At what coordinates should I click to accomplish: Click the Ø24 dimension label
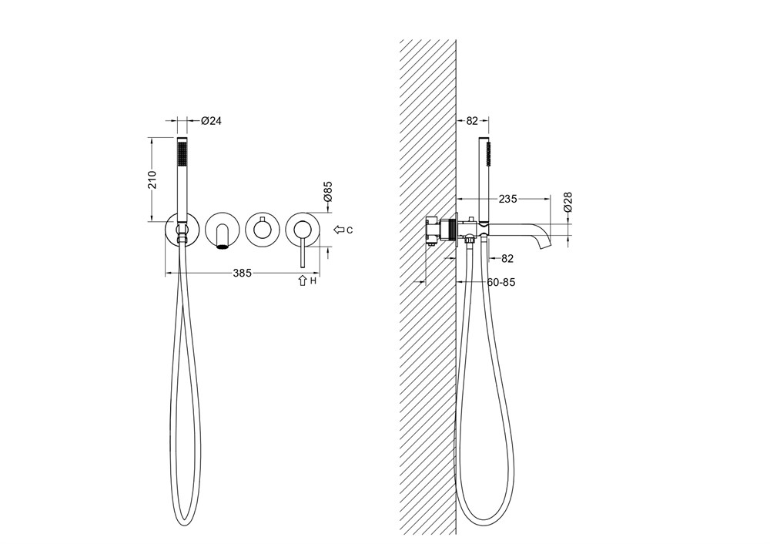[x=211, y=120]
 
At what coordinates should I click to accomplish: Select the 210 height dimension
[x=152, y=180]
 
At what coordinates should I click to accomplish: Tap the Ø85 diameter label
[x=328, y=191]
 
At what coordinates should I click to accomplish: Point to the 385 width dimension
[x=242, y=273]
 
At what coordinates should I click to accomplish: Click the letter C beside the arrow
[x=349, y=230]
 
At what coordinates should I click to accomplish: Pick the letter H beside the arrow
[x=313, y=281]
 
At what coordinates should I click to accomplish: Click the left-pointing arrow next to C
[x=339, y=230]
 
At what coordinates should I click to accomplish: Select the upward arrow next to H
[x=303, y=280]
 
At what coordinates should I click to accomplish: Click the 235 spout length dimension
[x=507, y=199]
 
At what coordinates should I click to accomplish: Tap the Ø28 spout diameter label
[x=567, y=202]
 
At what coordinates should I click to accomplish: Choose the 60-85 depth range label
[x=501, y=283]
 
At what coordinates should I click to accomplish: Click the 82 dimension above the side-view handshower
[x=472, y=120]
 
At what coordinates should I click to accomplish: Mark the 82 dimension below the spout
[x=507, y=258]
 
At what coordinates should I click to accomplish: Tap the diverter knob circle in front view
[x=263, y=230]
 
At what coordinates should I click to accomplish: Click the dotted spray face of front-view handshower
[x=182, y=154]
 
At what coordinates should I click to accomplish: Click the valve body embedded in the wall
[x=441, y=230]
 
